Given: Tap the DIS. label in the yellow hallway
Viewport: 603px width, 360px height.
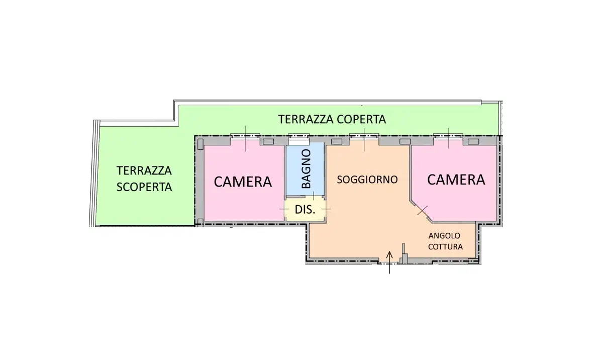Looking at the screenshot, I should click(x=305, y=210).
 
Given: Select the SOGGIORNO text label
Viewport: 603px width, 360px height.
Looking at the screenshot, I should click(x=367, y=179).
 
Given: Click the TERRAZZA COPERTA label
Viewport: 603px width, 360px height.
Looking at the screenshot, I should click(x=332, y=120).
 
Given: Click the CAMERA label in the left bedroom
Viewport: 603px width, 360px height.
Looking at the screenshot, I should click(x=243, y=182).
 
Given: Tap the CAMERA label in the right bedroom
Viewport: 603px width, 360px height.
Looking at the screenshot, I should click(x=456, y=179).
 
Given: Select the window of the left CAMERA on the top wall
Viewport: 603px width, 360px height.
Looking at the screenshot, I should click(x=245, y=135).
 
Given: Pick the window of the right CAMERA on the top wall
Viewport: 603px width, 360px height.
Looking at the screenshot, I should click(x=448, y=135).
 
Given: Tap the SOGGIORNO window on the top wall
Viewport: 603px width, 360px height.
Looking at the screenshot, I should click(x=364, y=135).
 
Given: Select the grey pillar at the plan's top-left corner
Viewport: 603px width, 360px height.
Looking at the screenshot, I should click(x=200, y=144).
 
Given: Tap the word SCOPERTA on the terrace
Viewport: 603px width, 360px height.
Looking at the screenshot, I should click(x=144, y=187).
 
